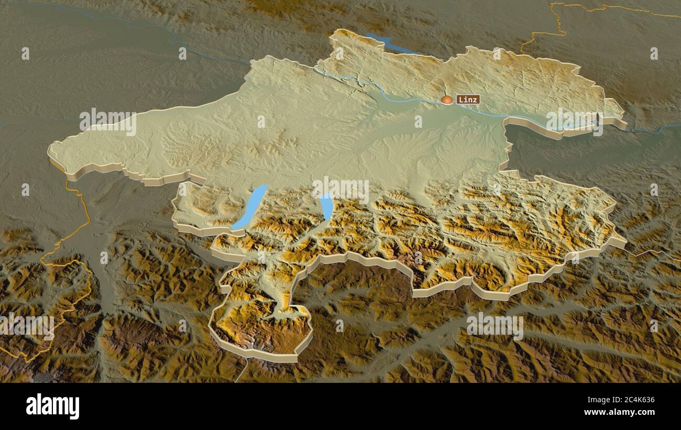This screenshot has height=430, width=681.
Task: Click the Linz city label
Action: (468, 99)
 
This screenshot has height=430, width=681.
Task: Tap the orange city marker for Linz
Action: (447, 100)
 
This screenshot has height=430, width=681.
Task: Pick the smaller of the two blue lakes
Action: (326, 206)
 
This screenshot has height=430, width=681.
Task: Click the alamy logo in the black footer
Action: (53, 406)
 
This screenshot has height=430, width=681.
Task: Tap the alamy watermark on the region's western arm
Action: (108, 122)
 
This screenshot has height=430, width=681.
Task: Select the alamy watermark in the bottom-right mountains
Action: (495, 326)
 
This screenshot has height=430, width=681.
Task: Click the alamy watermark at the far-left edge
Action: (26, 326)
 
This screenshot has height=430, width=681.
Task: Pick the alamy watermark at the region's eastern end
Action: (574, 122)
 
